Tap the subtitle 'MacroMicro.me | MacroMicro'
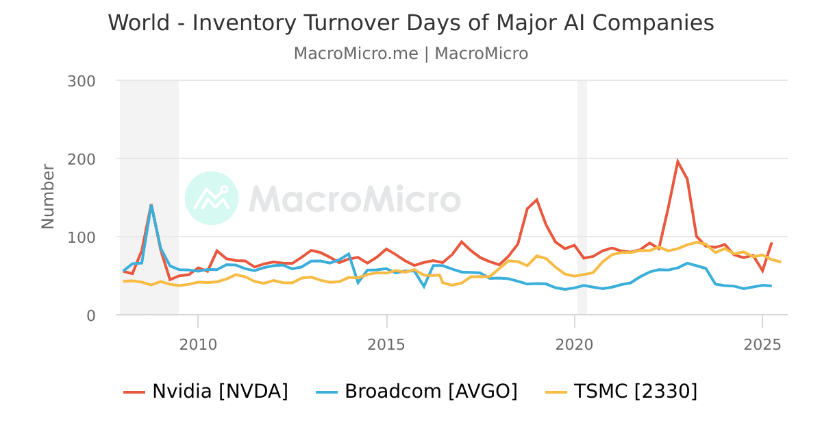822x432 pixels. (411, 53)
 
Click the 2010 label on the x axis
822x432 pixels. (198, 344)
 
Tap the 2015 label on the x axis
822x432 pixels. (387, 344)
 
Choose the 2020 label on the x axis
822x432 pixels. (575, 344)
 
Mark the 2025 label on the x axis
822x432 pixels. (762, 344)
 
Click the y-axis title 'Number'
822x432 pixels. (48, 196)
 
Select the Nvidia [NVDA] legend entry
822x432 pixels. (206, 392)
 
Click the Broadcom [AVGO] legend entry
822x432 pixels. (416, 392)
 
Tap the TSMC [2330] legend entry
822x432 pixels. (621, 392)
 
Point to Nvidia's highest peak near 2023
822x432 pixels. (677, 162)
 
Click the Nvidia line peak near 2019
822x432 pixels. (536, 200)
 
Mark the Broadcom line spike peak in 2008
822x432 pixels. (151, 204)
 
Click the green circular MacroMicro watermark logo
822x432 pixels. (212, 198)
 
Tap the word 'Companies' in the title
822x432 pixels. (653, 23)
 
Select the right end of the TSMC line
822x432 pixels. (780, 262)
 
